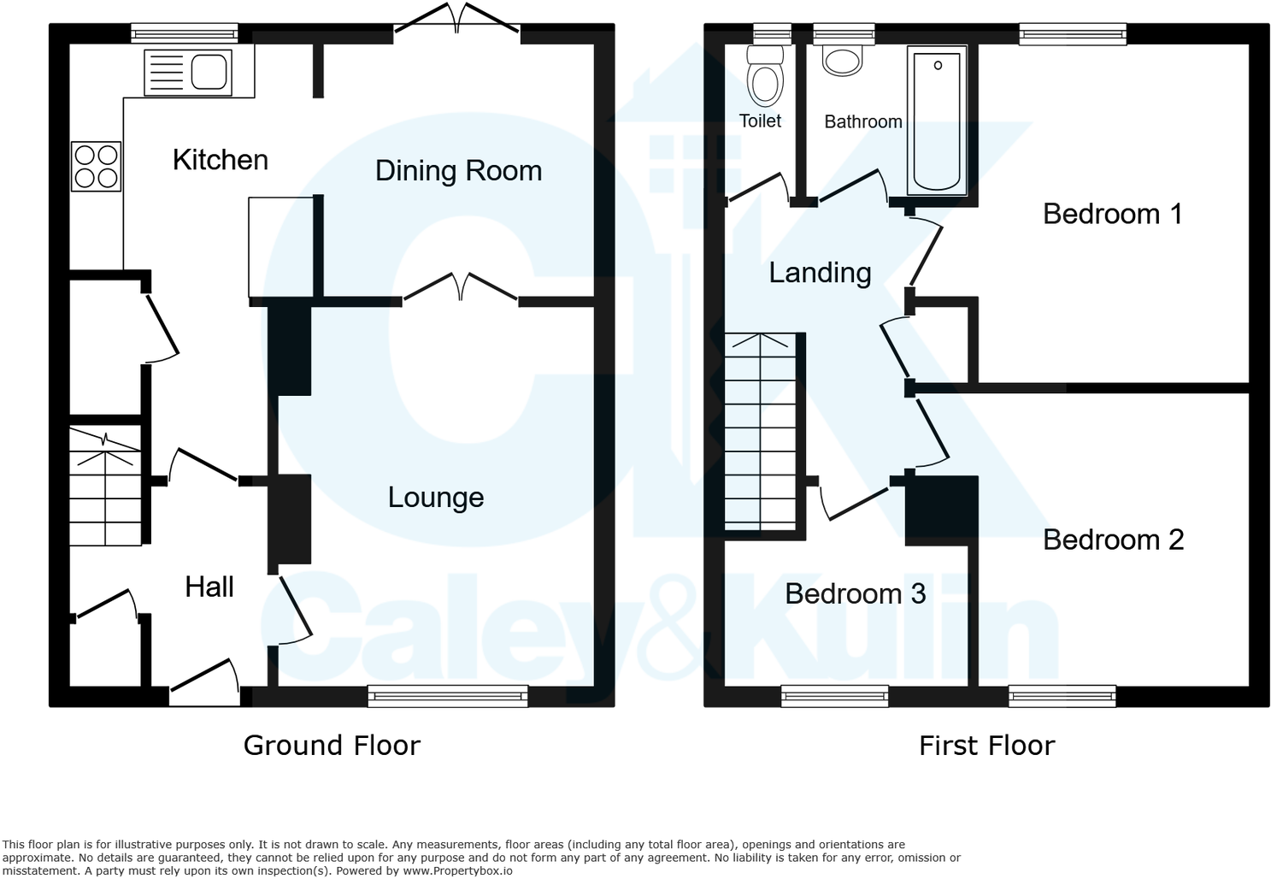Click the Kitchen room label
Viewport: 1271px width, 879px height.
(220, 160)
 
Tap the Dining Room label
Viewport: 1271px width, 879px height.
(458, 171)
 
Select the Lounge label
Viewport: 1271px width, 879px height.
(435, 498)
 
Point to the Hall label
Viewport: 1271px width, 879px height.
(209, 587)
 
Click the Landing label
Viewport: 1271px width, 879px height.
(820, 273)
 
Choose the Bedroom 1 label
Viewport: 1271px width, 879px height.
(1112, 214)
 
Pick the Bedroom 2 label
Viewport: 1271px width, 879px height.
(1113, 540)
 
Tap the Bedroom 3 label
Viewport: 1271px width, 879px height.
(855, 593)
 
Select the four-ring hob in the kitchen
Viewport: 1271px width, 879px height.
(96, 166)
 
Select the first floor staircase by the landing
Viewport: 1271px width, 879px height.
(760, 432)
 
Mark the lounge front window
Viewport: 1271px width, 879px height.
(448, 696)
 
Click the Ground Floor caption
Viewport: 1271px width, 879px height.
(332, 746)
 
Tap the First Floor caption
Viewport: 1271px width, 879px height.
(986, 746)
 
